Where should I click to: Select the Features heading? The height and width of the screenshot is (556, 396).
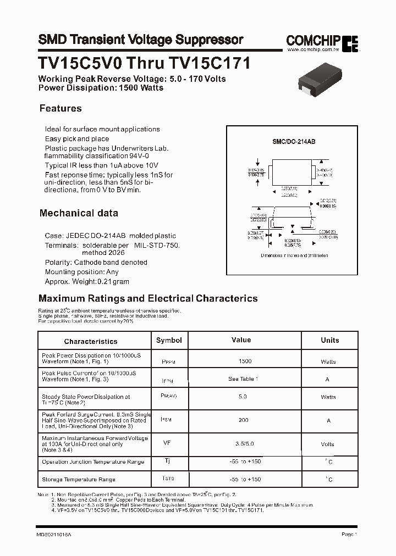tap(61, 108)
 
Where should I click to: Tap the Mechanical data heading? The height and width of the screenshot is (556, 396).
tap(79, 213)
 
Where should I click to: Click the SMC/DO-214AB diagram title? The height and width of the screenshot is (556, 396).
tap(294, 141)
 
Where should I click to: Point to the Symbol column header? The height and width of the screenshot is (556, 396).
tap(169, 340)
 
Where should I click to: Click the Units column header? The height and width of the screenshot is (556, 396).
tap(330, 340)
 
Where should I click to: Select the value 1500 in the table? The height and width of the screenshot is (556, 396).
tap(245, 361)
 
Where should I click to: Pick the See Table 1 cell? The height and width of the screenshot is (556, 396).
tap(243, 379)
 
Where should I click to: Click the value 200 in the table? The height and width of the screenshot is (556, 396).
tap(243, 420)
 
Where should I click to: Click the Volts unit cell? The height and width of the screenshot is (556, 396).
tap(328, 443)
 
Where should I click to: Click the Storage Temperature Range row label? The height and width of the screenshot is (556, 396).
tap(79, 480)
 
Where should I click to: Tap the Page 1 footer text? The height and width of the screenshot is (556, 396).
tap(349, 534)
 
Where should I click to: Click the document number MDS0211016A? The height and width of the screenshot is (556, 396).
tap(54, 534)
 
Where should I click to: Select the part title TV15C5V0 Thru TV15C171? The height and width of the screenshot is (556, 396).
tap(144, 63)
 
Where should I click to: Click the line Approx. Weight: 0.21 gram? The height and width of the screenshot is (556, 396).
tap(87, 281)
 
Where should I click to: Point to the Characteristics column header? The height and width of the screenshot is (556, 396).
tap(91, 341)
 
